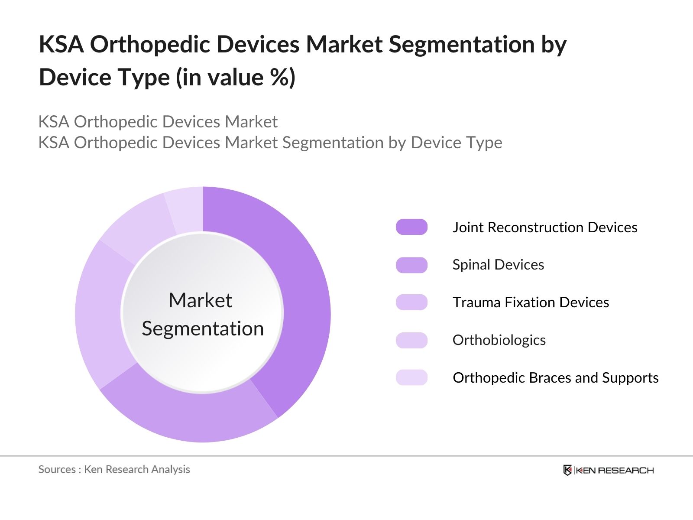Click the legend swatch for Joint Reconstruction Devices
(x=411, y=227)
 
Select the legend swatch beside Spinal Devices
(x=411, y=265)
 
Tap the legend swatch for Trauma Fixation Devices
(x=411, y=302)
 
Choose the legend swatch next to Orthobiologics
(x=411, y=340)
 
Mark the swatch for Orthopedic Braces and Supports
(x=411, y=377)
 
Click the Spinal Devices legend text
(x=498, y=265)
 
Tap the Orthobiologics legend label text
(x=499, y=340)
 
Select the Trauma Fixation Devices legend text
(x=531, y=302)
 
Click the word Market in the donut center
(x=200, y=300)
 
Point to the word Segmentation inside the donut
(x=203, y=328)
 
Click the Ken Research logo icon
(x=567, y=470)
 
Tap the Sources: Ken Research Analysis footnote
(x=114, y=469)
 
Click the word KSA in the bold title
(x=61, y=45)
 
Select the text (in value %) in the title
(x=236, y=78)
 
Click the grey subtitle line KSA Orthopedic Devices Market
(x=158, y=122)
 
